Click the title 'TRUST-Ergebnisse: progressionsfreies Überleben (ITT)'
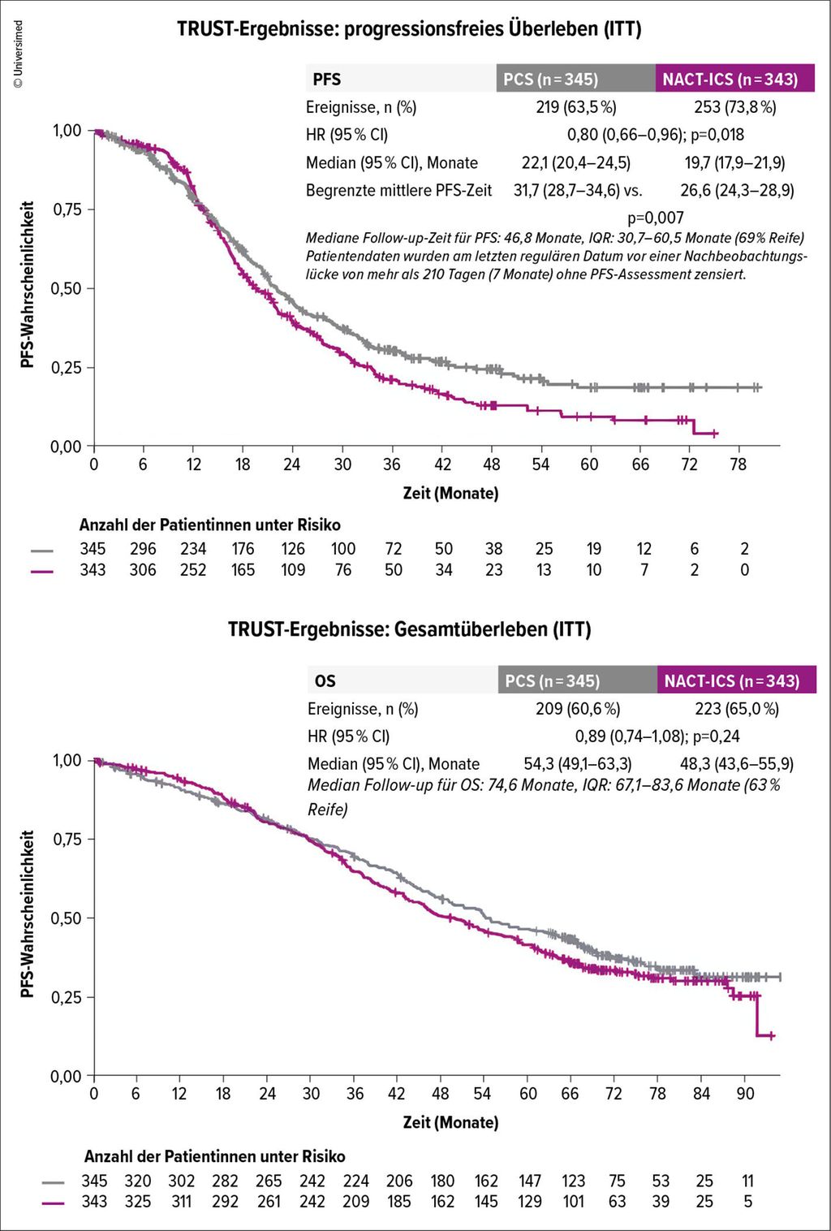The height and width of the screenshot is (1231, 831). pos(409,29)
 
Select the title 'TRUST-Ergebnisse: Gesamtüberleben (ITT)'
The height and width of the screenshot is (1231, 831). pos(409,629)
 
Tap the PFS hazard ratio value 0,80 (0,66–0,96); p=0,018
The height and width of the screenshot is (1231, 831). pos(655,135)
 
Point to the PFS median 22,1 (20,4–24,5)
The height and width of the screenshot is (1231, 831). pos(575,163)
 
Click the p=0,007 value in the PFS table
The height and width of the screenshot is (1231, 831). pos(656,218)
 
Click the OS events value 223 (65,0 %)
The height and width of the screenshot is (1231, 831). pos(737,709)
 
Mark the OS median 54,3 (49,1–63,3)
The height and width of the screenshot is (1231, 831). pos(577,764)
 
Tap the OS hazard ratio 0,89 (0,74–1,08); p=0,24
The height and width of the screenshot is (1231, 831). pos(657,736)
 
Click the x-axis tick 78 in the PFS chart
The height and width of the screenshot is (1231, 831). pos(738,464)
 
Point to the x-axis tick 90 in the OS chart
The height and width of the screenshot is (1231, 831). pos(745,1094)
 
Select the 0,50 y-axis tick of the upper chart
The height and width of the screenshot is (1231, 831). pos(67,288)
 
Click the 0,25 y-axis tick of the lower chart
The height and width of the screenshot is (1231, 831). pos(67,997)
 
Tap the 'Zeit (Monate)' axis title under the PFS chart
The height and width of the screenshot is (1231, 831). pos(450,493)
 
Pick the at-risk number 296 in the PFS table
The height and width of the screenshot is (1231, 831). pos(143,549)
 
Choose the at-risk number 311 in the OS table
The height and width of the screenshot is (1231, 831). pos(182,1202)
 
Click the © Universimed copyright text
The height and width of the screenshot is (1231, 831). pos(18,54)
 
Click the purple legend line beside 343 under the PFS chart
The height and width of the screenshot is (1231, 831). pos(42,571)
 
